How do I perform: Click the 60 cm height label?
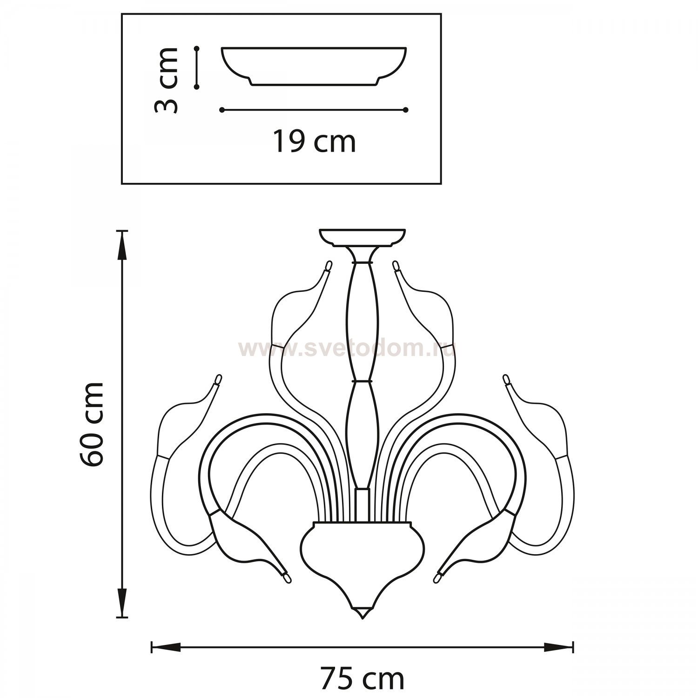[x=92, y=424]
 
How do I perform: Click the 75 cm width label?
[x=362, y=679]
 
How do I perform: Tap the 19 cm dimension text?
[x=314, y=141]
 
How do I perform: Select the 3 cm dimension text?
[x=166, y=80]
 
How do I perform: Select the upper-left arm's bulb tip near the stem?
[x=329, y=266]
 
